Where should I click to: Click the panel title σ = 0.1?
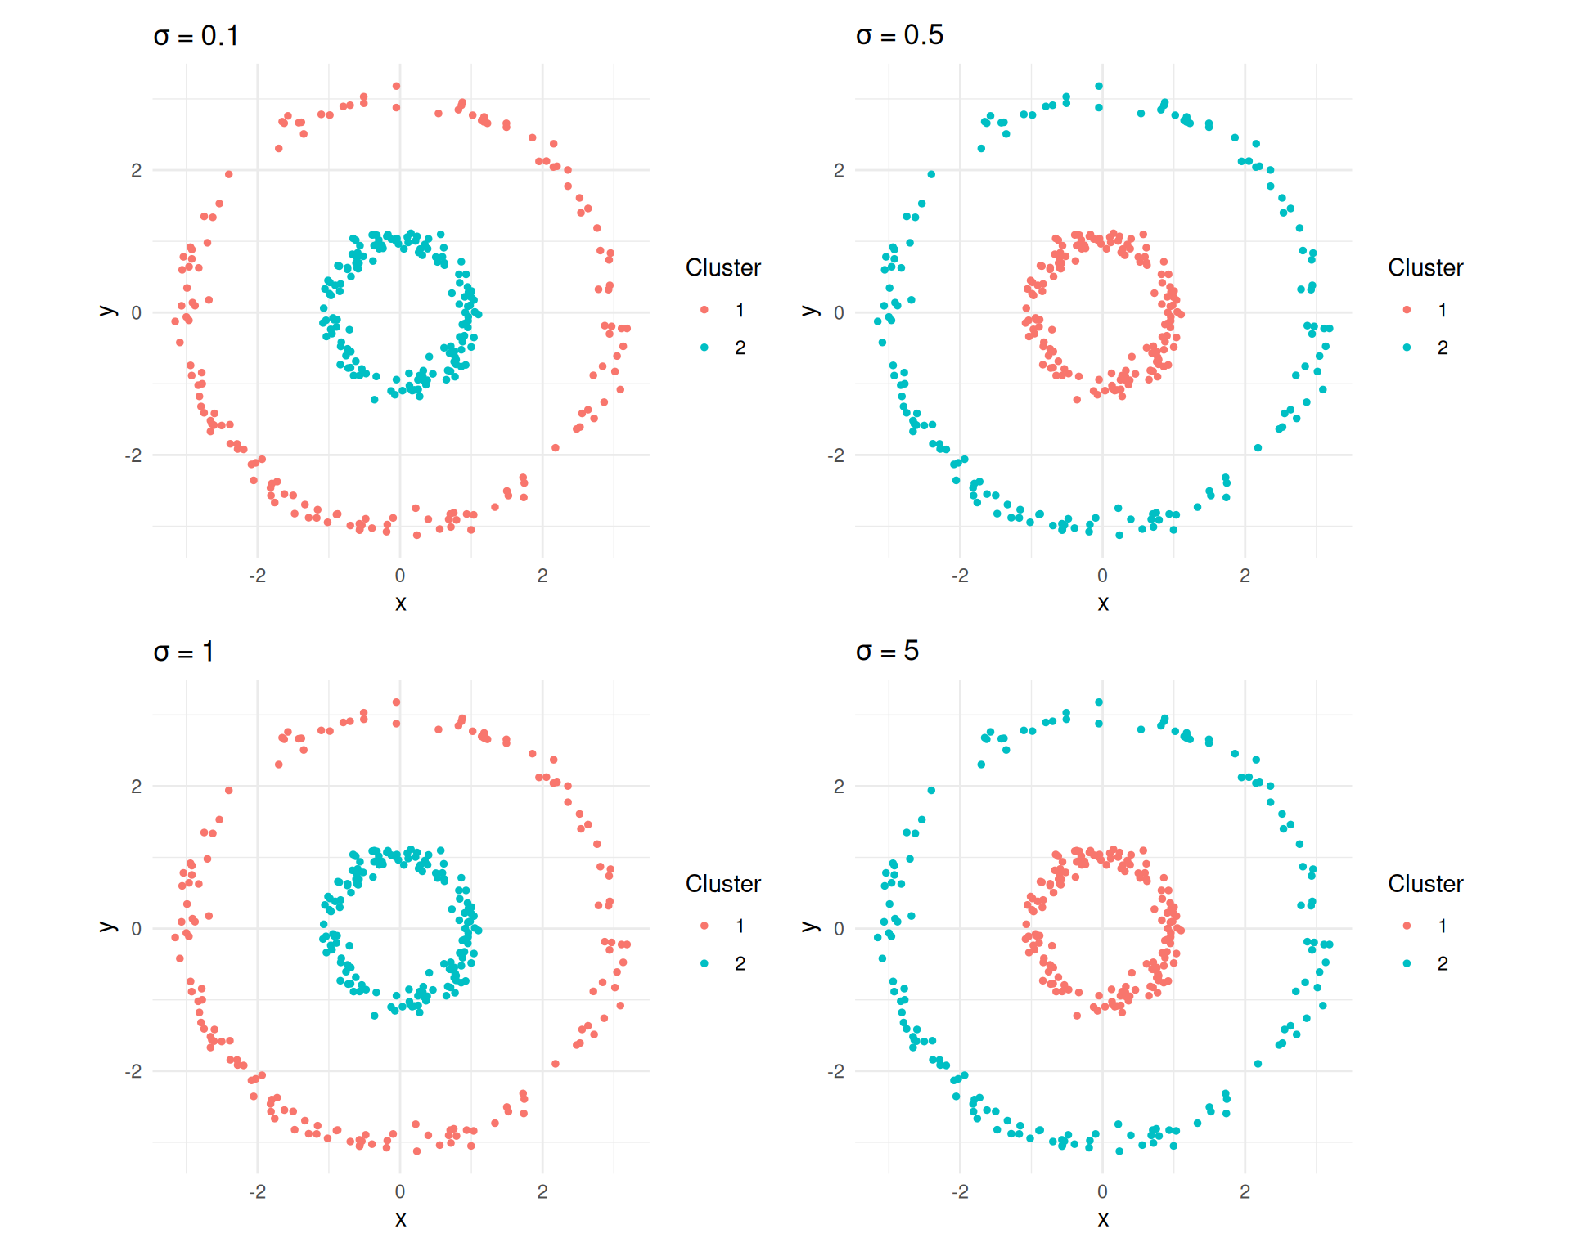tap(196, 36)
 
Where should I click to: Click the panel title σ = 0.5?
tap(898, 35)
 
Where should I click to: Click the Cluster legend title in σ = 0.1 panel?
tap(722, 267)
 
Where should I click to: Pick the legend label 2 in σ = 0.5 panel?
tap(1443, 348)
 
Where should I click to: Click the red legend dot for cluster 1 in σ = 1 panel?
tap(704, 926)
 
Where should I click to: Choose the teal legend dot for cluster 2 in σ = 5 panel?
tap(1407, 963)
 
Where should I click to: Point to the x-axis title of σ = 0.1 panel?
tap(400, 603)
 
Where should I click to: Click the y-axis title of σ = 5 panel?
tap(809, 926)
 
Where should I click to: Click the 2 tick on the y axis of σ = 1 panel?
tap(136, 787)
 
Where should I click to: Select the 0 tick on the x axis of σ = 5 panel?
tap(1102, 1191)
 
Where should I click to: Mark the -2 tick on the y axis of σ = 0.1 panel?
tap(133, 455)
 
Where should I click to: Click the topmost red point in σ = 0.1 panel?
tap(396, 86)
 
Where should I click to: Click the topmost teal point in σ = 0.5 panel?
tap(1099, 86)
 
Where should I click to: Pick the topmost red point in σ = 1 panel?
tap(396, 702)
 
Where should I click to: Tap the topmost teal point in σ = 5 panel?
tap(1099, 702)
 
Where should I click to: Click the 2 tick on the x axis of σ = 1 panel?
tap(542, 1191)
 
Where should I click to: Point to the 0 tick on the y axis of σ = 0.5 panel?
tap(839, 312)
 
